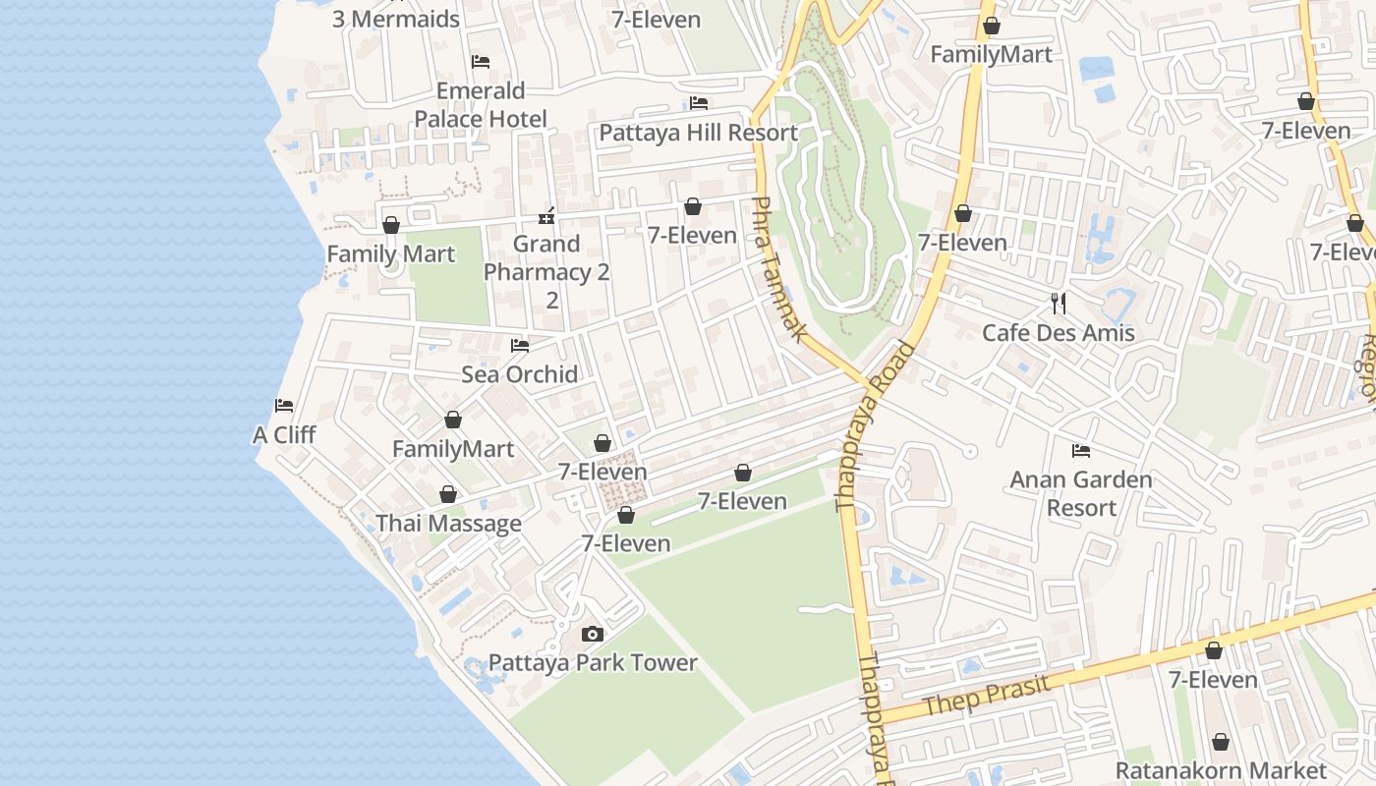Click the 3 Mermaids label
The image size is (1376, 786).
[395, 19]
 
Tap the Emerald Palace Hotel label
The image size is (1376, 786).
[481, 105]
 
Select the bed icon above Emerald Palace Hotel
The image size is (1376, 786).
[481, 62]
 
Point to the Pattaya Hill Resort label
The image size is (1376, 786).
[698, 133]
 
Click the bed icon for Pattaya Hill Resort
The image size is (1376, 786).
[699, 102]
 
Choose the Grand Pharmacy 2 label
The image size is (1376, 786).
[546, 258]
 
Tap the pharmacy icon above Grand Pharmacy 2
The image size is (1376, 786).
[546, 215]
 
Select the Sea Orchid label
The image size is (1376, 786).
[520, 374]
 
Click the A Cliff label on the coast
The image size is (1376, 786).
[284, 434]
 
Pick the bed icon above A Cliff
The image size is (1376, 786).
[284, 405]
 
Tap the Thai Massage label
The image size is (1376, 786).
[448, 523]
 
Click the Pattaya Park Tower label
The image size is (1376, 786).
[593, 663]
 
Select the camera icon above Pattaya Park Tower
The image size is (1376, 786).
[593, 634]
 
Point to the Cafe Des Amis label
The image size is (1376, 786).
[1059, 333]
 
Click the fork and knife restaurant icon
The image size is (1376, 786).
[1059, 302]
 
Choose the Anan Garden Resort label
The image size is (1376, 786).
[1081, 493]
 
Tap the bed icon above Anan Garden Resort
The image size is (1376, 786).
[1081, 451]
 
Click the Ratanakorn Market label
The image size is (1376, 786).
[1221, 770]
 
